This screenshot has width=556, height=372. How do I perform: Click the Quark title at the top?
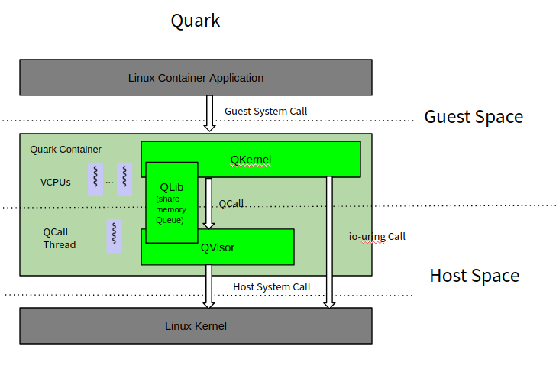pos(196,21)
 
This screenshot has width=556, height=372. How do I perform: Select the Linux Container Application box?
pos(196,77)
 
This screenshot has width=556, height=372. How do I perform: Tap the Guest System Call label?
pos(266,112)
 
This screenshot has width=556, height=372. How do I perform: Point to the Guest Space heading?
pos(474,117)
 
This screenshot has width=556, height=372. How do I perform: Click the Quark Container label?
pos(66,150)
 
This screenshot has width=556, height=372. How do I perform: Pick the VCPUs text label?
pos(56,183)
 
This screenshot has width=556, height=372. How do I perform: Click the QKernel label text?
pos(251,160)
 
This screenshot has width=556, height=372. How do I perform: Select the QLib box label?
pos(172,187)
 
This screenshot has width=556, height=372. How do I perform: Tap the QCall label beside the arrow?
pos(231,205)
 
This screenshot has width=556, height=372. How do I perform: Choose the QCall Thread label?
pos(60,238)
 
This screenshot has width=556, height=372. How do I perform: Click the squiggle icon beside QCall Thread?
pos(114,237)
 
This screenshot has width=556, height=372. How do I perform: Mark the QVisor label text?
pos(218,247)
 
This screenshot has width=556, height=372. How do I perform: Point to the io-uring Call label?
pos(377,237)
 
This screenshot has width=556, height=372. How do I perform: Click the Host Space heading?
pos(474,276)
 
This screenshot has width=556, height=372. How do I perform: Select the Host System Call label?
pos(271,287)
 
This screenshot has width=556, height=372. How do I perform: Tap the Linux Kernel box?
pos(196,326)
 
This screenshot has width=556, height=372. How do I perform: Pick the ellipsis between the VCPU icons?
pos(109,182)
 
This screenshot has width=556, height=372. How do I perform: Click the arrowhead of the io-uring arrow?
pos(329,303)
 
